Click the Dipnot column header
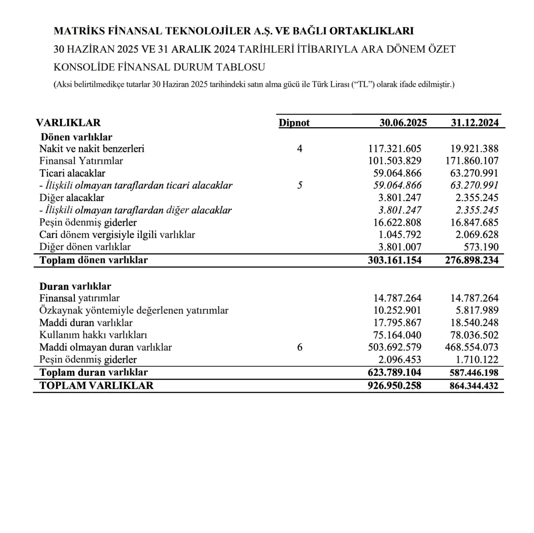click(294, 123)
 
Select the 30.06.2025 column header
click(403, 123)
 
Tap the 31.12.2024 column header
click(474, 123)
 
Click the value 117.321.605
click(395, 148)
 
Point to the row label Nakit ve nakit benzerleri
click(92, 148)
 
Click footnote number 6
click(300, 347)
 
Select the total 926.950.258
click(394, 385)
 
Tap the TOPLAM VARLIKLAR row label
click(96, 385)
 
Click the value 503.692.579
click(395, 347)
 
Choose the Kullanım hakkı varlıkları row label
click(93, 335)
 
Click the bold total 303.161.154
click(395, 260)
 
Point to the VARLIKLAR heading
click(68, 123)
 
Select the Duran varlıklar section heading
click(75, 286)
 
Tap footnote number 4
click(300, 148)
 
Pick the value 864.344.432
click(474, 386)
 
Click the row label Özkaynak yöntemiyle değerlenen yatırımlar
click(134, 310)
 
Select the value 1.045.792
click(397, 234)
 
